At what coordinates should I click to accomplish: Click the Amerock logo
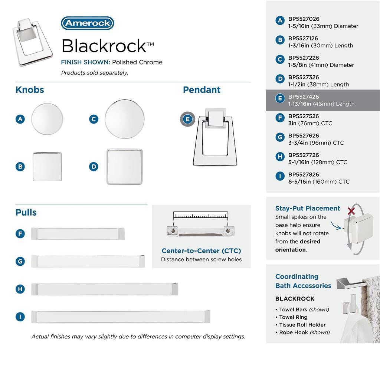(87, 23)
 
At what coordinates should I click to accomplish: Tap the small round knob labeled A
(47, 119)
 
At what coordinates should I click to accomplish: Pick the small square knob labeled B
(47, 166)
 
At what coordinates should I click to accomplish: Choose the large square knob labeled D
(124, 166)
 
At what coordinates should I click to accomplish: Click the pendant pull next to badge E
(210, 137)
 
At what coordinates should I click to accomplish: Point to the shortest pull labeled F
(78, 233)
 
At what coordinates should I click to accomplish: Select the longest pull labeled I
(121, 317)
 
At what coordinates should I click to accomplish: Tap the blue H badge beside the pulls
(20, 289)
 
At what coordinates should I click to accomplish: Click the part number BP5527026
(304, 19)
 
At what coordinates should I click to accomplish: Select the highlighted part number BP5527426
(304, 97)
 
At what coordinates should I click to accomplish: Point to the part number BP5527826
(304, 174)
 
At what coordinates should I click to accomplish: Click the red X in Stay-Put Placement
(351, 211)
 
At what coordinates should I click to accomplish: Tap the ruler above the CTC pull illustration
(200, 215)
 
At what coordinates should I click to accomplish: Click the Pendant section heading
(202, 90)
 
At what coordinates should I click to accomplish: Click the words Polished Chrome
(137, 62)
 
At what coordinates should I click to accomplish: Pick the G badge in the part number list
(280, 137)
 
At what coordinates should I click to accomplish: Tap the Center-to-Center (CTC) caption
(201, 251)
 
